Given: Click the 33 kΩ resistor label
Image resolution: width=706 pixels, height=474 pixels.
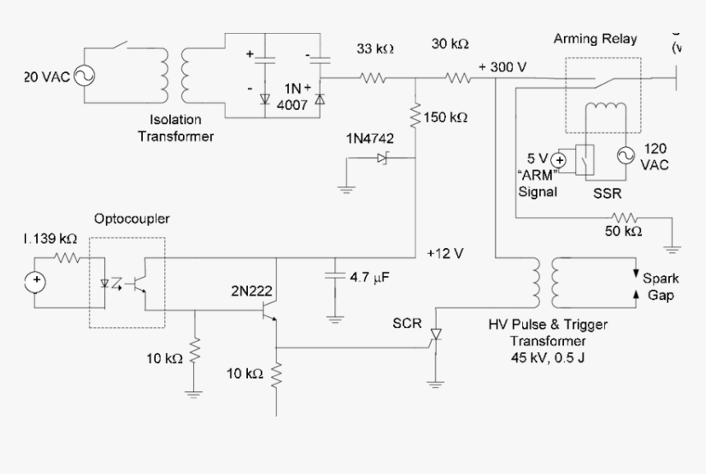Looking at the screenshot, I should (375, 48).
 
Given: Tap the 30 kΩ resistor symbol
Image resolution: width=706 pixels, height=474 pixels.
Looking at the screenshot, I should (457, 79).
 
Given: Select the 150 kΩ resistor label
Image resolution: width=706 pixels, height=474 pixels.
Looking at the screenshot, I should (447, 117).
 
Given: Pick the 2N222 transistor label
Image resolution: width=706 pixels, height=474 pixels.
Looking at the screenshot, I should (251, 289).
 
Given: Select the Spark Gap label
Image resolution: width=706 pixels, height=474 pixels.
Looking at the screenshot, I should (660, 287).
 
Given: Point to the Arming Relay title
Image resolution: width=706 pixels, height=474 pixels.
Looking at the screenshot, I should (595, 39).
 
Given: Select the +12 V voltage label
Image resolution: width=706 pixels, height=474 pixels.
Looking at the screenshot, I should (445, 254).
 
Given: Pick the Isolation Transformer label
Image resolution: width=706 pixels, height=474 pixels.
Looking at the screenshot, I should (175, 128).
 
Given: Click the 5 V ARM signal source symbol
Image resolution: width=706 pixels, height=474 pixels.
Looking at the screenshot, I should (559, 159).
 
